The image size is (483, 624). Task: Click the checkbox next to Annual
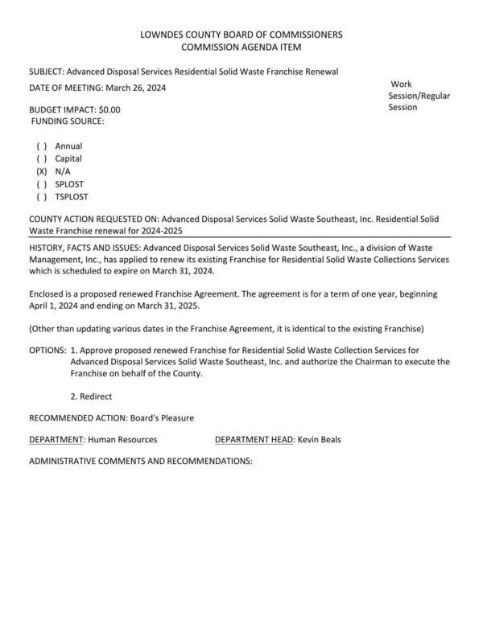click(41, 146)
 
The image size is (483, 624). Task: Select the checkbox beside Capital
click(41, 159)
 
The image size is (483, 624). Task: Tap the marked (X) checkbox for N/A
click(41, 172)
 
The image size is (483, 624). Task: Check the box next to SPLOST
click(41, 184)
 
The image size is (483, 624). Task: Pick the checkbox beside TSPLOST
click(41, 197)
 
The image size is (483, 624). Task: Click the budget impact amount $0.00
click(109, 109)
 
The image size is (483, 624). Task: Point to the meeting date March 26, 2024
click(135, 88)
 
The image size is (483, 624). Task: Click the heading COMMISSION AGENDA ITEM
click(241, 47)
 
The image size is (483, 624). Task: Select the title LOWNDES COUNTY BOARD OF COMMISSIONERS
click(241, 35)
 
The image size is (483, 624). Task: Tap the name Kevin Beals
click(319, 440)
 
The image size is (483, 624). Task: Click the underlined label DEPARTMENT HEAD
click(254, 440)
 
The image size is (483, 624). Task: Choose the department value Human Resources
click(122, 440)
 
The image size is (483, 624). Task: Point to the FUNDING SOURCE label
click(68, 121)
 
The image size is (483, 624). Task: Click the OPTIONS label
click(47, 351)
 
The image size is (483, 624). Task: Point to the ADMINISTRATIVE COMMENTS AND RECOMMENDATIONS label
click(140, 462)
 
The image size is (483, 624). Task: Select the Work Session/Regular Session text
click(419, 96)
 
